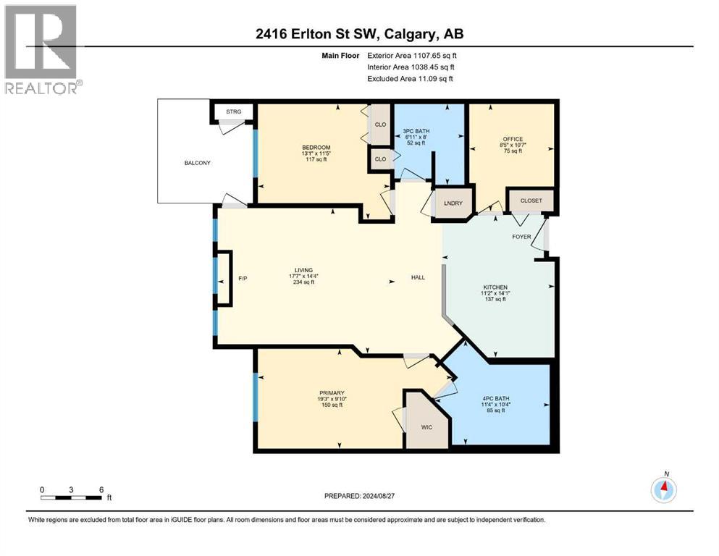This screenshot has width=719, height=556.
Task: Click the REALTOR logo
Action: click(x=41, y=49)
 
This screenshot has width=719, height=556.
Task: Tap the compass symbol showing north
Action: click(x=663, y=490)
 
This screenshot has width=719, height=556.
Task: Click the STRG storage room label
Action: click(x=233, y=111)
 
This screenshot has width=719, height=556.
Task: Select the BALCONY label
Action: click(x=196, y=163)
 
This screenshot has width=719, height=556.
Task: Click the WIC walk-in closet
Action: click(x=426, y=427)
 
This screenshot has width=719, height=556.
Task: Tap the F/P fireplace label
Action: click(x=243, y=279)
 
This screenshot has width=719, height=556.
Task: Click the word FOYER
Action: click(x=521, y=237)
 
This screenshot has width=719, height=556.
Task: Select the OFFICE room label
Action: click(x=513, y=139)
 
